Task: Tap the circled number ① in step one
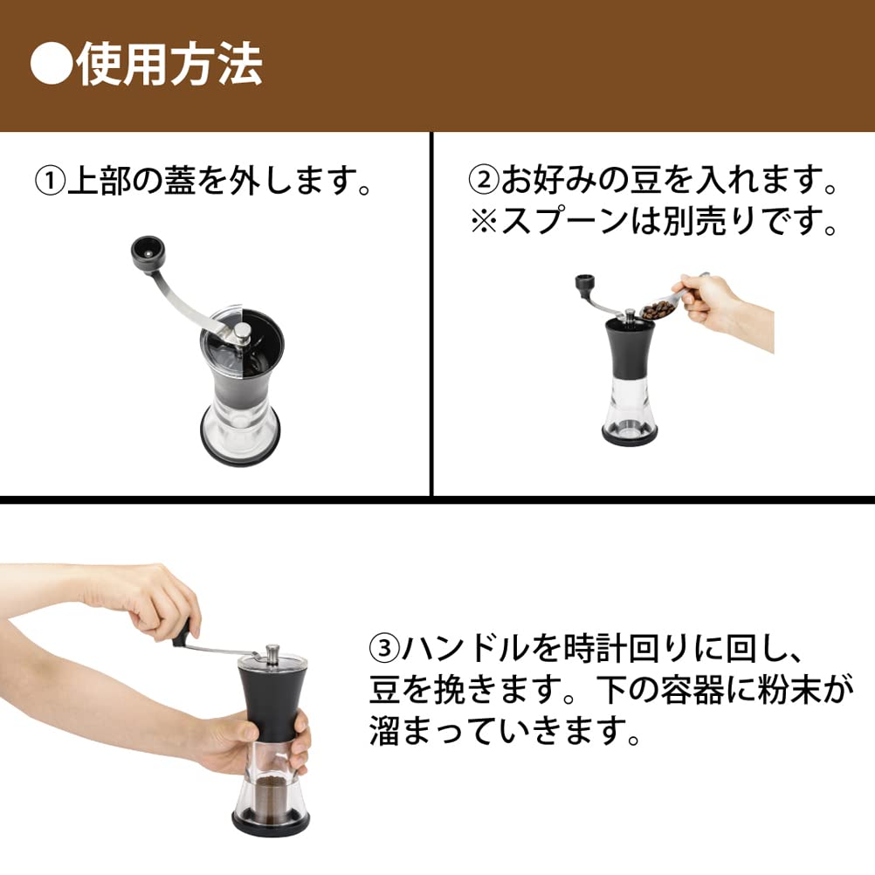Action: [51, 183]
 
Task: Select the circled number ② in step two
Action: [485, 183]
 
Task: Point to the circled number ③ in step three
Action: [384, 650]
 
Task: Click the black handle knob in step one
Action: [145, 251]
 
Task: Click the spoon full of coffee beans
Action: [657, 308]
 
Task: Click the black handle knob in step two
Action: [586, 285]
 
